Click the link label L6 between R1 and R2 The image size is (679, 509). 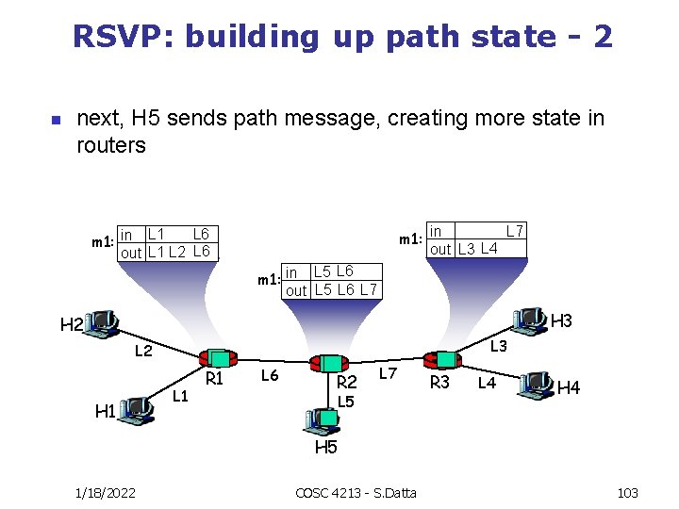(x=269, y=376)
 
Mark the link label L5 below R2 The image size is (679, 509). (x=346, y=402)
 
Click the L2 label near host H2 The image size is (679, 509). (x=143, y=352)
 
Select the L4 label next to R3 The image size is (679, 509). (x=487, y=383)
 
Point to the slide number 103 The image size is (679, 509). (x=627, y=493)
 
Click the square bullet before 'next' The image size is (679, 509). (x=54, y=121)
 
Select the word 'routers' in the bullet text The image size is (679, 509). (x=111, y=145)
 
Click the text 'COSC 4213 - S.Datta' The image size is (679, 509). (x=356, y=493)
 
